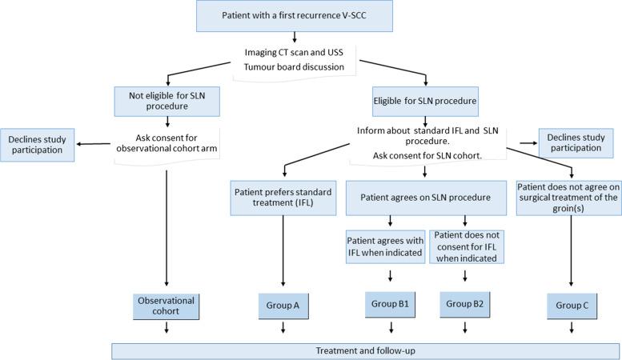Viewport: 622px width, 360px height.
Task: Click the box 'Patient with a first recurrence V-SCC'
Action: (296, 16)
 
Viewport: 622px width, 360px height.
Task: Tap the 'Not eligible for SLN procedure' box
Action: (167, 100)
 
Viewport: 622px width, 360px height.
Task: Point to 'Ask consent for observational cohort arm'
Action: (167, 142)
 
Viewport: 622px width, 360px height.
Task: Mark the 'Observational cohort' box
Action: (167, 305)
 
